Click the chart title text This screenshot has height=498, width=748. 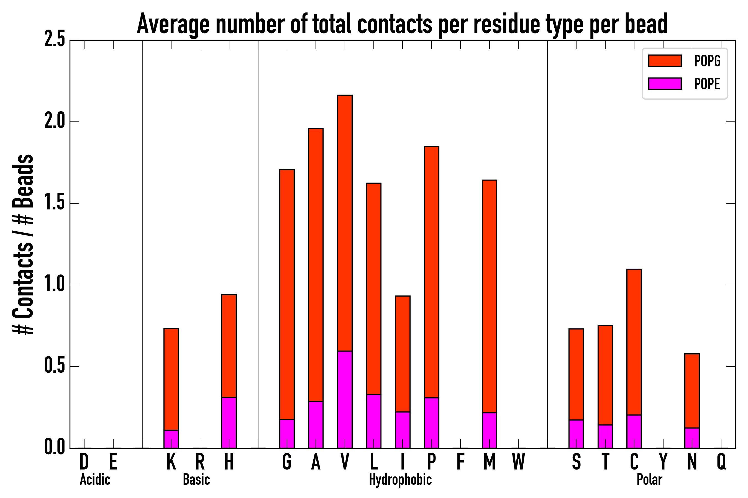[x=402, y=24]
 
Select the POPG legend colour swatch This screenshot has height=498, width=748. [x=665, y=61]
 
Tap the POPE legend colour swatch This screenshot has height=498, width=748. [x=665, y=84]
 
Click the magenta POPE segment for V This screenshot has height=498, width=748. [x=345, y=399]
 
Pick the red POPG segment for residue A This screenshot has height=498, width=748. [x=316, y=264]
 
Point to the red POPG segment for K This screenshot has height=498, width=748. [x=171, y=379]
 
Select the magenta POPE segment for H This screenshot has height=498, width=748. [x=229, y=422]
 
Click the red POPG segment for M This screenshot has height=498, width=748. [x=490, y=296]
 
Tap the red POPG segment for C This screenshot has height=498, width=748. [x=634, y=342]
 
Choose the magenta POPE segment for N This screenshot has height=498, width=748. [x=692, y=438]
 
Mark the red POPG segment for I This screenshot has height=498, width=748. [x=403, y=354]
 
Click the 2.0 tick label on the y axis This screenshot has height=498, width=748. [x=55, y=122]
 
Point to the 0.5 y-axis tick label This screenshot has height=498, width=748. [x=55, y=367]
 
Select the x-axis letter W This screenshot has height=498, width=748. [x=518, y=462]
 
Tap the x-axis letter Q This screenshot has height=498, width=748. [x=721, y=462]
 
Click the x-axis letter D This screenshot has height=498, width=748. [x=84, y=462]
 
